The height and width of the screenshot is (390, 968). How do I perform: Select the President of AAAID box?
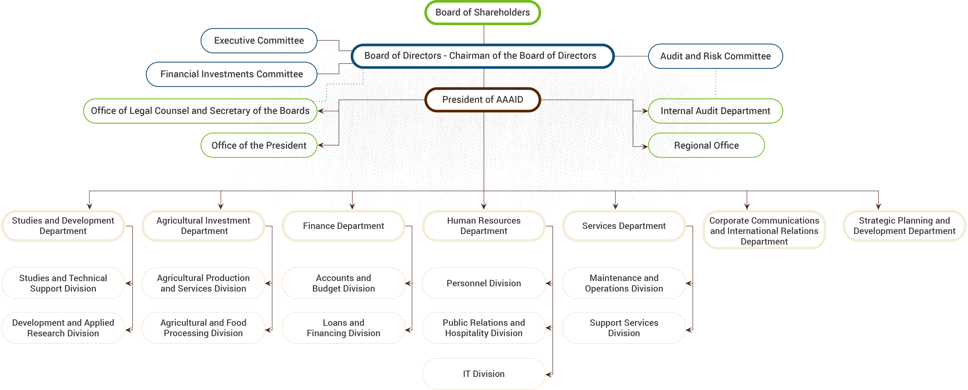point(483,100)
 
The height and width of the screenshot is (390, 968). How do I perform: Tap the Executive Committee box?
point(259,41)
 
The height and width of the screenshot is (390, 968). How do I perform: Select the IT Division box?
point(484,374)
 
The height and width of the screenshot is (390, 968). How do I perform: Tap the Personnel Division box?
point(484,283)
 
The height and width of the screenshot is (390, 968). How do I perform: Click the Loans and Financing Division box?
point(344,328)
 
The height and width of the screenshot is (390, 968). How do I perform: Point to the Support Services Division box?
point(624,328)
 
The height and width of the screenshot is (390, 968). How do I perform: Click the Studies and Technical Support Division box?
point(63,283)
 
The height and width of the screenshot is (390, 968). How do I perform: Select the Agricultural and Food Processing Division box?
point(203,328)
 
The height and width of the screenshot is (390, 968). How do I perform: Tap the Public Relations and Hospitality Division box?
point(484,328)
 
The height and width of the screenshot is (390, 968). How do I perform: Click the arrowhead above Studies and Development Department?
point(89,206)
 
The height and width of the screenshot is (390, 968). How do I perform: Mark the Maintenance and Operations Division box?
point(624,283)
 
